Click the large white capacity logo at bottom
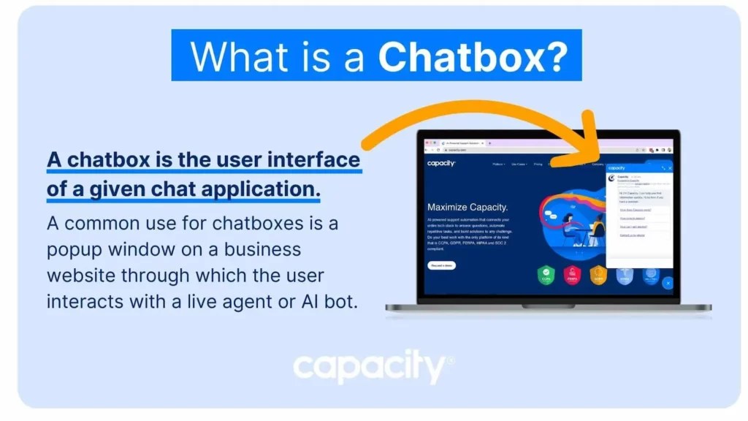(373, 368)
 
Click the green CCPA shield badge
(546, 276)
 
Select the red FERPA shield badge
(572, 276)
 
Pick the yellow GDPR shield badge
(598, 276)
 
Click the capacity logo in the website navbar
(441, 164)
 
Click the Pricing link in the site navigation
(538, 164)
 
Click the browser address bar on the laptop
(511, 150)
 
